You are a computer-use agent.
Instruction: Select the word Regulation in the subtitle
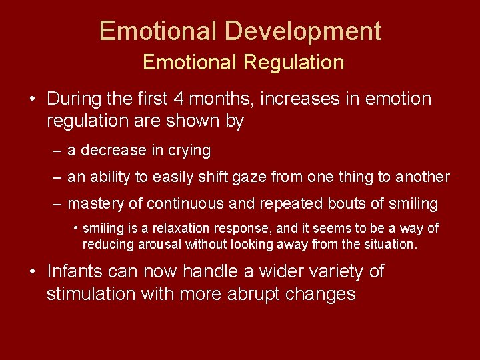click(293, 63)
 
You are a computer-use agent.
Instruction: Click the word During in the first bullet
click(74, 99)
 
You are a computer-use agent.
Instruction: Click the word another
click(423, 177)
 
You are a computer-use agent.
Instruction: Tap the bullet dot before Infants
click(33, 272)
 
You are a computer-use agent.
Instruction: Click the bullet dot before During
click(33, 99)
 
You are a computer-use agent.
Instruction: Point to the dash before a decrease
click(57, 151)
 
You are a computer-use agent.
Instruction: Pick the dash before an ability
click(57, 177)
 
